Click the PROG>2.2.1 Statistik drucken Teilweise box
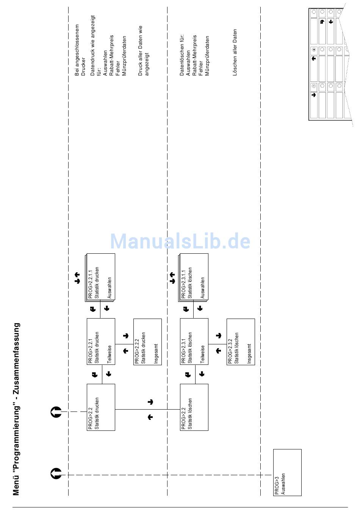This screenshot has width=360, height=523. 101,341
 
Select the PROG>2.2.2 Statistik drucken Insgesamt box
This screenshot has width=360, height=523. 147,342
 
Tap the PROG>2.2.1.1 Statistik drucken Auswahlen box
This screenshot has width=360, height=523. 101,277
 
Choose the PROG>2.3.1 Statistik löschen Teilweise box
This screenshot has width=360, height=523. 194,341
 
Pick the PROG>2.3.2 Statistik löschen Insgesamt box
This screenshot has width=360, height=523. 241,342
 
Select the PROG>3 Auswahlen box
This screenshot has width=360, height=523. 287,472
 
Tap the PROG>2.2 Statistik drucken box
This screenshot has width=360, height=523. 101,407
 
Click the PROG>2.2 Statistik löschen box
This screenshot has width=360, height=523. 194,407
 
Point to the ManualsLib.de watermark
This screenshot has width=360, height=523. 180,241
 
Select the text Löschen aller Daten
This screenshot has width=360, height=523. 235,52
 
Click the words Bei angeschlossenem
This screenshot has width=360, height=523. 77,50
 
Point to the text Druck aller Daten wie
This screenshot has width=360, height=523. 140,50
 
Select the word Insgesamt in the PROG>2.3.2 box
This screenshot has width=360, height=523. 249,353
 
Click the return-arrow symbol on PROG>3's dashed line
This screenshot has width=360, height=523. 56,474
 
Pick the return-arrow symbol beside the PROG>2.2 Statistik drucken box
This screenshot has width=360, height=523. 56,412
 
